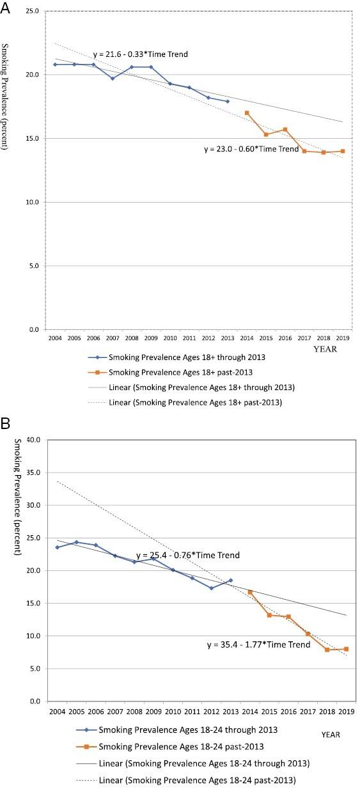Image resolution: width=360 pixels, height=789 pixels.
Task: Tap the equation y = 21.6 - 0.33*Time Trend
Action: pos(140,54)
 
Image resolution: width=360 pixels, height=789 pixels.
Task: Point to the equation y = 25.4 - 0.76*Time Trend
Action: pos(188,555)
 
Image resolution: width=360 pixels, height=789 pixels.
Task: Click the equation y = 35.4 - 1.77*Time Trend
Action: pos(259,644)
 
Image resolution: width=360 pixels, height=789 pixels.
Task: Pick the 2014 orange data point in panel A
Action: pos(247,113)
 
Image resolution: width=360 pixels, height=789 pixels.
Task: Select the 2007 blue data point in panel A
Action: pos(113,79)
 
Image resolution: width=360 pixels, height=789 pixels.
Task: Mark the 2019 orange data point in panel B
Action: pos(346,649)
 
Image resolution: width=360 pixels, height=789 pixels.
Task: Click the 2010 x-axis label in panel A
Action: pos(170,338)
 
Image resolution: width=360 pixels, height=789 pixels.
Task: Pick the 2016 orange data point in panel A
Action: pos(285,129)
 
